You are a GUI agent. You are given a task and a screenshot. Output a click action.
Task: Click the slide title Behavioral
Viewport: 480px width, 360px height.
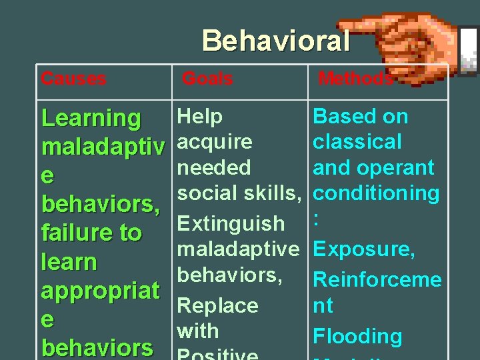pos(276,41)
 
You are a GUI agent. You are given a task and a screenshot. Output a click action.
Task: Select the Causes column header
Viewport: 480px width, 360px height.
pos(73,79)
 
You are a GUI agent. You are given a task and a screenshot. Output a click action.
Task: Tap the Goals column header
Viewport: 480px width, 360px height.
pos(207,79)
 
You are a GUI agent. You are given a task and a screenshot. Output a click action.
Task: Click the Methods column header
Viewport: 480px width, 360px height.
pos(355,79)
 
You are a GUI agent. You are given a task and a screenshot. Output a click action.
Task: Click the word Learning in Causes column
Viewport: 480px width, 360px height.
pos(91,119)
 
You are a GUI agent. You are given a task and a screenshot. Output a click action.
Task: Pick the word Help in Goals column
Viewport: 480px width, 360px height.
pos(200,117)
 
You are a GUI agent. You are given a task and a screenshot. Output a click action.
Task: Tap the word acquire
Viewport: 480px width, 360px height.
pos(215,142)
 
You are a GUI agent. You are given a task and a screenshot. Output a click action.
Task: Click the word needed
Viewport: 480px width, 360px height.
pos(214,167)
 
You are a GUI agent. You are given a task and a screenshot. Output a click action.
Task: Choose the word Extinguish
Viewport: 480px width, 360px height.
pos(231,223)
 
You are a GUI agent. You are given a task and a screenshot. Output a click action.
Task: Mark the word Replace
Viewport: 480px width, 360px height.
pos(217,305)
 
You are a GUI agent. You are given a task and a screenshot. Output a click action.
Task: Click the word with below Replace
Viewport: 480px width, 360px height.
pos(198,331)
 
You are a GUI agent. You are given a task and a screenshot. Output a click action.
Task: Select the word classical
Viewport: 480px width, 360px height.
pos(357,142)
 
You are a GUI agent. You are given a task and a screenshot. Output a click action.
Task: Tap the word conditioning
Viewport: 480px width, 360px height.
pos(376,193)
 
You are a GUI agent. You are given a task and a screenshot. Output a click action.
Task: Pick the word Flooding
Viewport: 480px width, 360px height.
pos(357,337)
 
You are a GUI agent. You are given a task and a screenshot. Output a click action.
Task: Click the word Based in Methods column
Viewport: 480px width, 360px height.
pos(340,117)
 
